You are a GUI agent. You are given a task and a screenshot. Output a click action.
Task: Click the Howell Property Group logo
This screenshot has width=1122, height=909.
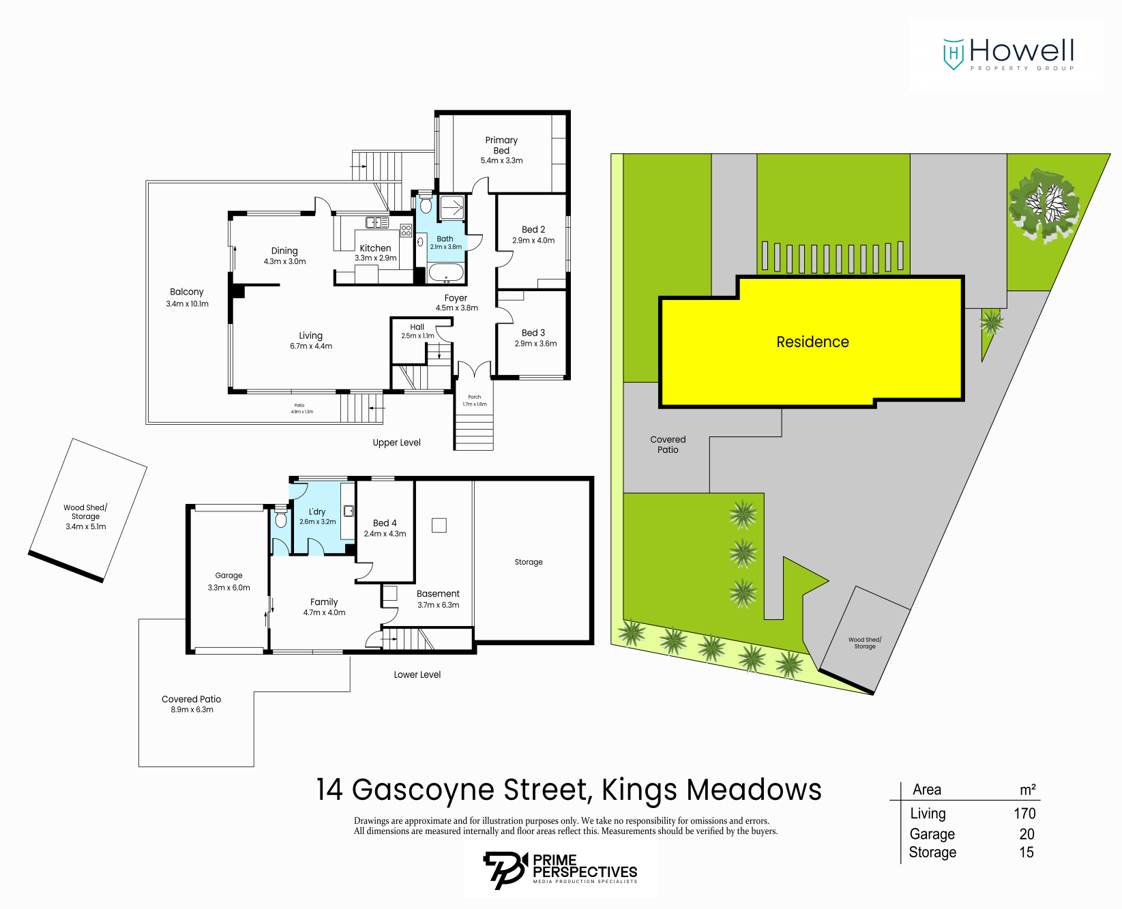1007,55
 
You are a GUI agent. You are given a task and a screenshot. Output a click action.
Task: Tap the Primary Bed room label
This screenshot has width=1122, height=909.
501,145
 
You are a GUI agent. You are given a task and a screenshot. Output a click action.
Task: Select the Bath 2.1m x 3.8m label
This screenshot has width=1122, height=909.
445,243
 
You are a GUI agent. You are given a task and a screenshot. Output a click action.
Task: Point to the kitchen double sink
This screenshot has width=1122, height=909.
377,222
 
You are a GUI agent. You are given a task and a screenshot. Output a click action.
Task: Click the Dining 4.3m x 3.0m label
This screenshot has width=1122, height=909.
284,256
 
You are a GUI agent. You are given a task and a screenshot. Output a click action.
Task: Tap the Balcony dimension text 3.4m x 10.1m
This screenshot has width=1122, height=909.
187,304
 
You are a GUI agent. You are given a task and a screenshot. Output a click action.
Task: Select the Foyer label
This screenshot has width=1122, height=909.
456,298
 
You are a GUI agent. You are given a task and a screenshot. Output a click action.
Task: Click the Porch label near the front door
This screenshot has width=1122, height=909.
474,397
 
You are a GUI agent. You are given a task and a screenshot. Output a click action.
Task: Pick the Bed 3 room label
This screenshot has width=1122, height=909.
533,333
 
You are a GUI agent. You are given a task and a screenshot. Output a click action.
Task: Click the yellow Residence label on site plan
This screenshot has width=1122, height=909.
812,342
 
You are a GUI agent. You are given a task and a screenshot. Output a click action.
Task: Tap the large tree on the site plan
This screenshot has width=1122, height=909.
1043,204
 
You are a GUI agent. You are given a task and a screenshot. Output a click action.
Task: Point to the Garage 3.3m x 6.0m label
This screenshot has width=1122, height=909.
228,581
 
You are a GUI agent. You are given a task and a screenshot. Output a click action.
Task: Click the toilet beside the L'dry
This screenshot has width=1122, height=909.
280,519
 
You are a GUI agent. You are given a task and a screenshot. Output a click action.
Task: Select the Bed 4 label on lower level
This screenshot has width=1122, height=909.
385,523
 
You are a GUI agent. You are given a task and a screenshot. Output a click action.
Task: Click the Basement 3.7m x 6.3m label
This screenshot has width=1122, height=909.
438,599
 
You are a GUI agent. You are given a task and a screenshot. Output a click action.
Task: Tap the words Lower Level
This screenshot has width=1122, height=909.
417,674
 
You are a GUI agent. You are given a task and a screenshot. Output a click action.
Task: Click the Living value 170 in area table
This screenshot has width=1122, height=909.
1024,814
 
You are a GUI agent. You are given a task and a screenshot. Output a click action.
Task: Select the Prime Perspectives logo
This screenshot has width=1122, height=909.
560,869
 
